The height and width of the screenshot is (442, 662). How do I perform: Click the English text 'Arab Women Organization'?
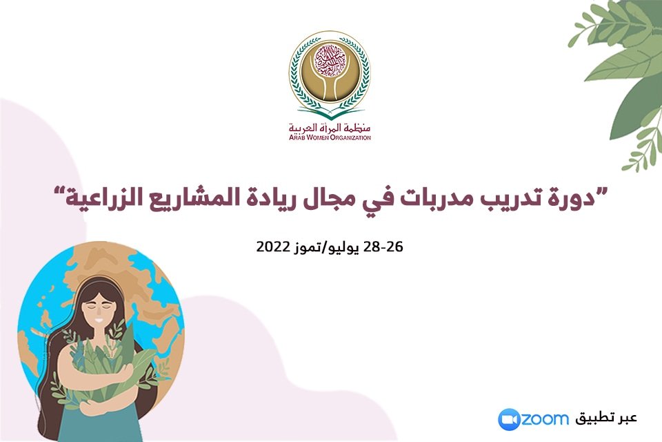[x=330, y=137]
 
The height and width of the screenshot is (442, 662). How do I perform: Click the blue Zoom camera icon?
[x=508, y=419]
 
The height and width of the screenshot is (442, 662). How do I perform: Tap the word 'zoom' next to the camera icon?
[x=545, y=419]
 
